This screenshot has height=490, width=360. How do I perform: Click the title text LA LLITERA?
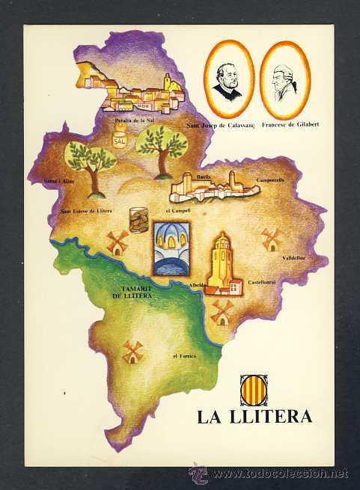pos(254,417)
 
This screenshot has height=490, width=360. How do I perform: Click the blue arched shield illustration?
pos(171,248)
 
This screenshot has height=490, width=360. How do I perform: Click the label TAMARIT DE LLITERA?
pos(132,293)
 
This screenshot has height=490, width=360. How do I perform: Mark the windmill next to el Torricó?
pos(132,351)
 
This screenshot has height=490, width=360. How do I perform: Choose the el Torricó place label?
pos(183,356)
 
